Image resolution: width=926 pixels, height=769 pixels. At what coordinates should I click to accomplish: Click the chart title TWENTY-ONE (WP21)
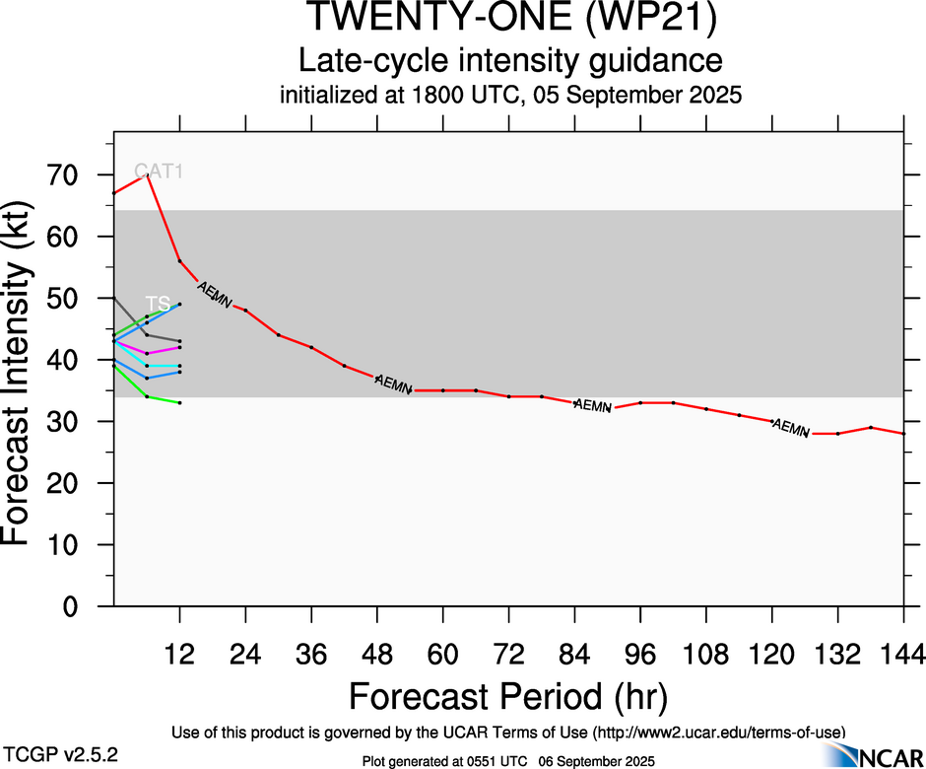point(509,20)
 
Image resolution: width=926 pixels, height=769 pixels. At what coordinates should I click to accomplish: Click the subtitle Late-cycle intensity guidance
point(510,61)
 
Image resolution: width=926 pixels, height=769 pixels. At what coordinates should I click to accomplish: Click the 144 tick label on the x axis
point(903,653)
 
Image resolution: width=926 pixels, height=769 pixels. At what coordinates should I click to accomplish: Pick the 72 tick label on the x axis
point(508,653)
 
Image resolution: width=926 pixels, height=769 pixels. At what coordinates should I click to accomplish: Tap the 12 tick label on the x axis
point(179,653)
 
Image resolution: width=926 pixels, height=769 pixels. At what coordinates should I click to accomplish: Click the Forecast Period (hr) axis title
point(508,696)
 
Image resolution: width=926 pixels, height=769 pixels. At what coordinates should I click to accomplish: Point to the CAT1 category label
point(159,172)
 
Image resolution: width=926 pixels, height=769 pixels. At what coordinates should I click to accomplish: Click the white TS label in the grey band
point(158,303)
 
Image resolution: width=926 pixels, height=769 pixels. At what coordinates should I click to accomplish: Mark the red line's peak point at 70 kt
point(147,175)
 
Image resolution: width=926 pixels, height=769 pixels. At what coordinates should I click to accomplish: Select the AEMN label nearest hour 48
point(393,384)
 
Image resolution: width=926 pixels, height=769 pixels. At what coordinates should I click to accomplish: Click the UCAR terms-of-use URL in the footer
point(717,732)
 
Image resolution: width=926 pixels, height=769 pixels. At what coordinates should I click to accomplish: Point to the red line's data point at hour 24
point(245,311)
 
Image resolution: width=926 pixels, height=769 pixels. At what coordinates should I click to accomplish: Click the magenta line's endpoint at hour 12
point(179,347)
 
